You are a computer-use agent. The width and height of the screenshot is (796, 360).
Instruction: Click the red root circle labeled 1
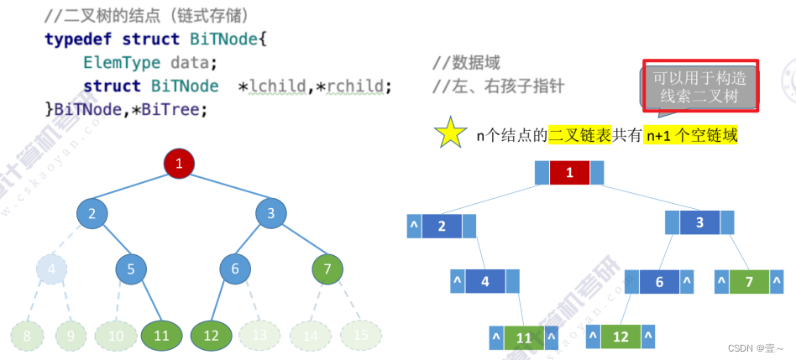click(x=179, y=164)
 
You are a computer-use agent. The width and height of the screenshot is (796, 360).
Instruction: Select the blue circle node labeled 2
click(x=92, y=213)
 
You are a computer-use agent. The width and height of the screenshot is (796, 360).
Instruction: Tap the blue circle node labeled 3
click(x=271, y=213)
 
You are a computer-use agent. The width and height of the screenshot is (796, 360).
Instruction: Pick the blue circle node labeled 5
click(x=131, y=269)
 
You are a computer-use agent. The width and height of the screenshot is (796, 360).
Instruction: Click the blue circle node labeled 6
click(x=236, y=269)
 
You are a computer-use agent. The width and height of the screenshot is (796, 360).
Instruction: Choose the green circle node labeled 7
click(x=327, y=269)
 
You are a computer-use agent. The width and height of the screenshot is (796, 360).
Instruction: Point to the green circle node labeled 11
click(x=162, y=335)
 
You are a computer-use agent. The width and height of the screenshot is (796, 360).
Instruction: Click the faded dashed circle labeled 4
click(x=51, y=269)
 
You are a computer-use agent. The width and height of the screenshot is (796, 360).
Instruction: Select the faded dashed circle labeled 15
click(x=361, y=335)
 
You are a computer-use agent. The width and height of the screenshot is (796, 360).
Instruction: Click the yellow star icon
click(x=450, y=133)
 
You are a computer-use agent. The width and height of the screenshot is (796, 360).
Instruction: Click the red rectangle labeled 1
click(x=570, y=173)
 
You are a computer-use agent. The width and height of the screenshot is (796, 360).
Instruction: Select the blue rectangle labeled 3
click(x=699, y=222)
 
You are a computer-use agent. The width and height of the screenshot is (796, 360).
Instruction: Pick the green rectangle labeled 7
click(x=750, y=281)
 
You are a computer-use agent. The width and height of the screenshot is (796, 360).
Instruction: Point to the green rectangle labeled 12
click(x=620, y=337)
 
